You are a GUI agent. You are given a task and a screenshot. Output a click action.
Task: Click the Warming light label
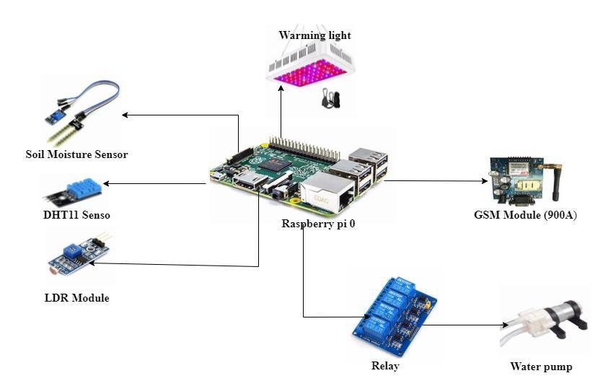(315, 35)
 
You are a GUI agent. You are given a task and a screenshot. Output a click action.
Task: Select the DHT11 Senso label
(76, 215)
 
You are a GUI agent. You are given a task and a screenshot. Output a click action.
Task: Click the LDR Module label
(76, 298)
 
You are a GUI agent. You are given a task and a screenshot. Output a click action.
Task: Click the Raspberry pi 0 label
(318, 224)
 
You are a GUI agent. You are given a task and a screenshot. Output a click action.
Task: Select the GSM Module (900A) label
(525, 214)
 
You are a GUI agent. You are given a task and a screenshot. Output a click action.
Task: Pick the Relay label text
(384, 366)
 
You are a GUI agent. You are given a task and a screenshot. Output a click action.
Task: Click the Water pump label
(541, 367)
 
